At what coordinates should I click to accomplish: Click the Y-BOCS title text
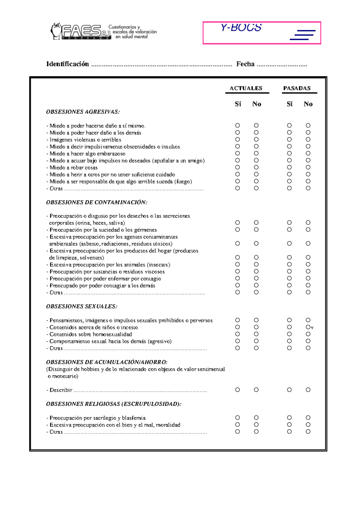coord(241,28)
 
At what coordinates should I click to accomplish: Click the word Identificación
coord(67,64)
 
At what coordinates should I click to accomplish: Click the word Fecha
coord(245,64)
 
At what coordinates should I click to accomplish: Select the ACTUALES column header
coord(246,88)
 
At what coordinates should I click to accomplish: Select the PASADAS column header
coord(297,88)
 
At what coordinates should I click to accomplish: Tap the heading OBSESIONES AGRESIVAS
coord(83,112)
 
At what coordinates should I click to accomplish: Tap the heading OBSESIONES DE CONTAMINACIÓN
coord(97,202)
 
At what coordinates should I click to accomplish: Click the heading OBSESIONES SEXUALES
coord(82,306)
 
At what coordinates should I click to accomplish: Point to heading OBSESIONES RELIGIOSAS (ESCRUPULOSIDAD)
coord(114,404)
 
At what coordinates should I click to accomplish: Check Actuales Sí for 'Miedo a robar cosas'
coord(238,167)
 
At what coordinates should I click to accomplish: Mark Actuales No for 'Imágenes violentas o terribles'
coord(256,139)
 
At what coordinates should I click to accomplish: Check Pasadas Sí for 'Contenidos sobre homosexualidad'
coord(289,334)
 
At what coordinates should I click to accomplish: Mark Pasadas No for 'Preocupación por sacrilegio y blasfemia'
coord(308,418)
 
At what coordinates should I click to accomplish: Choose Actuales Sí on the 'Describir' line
coord(238,390)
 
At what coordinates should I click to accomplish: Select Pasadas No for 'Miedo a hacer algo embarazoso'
coord(308,153)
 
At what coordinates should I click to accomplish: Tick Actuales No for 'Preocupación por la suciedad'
coord(256,230)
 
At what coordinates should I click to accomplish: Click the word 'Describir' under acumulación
coord(61,390)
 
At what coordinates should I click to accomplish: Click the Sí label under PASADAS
coord(289,104)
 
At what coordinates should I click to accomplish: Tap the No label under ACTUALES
coord(256,104)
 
